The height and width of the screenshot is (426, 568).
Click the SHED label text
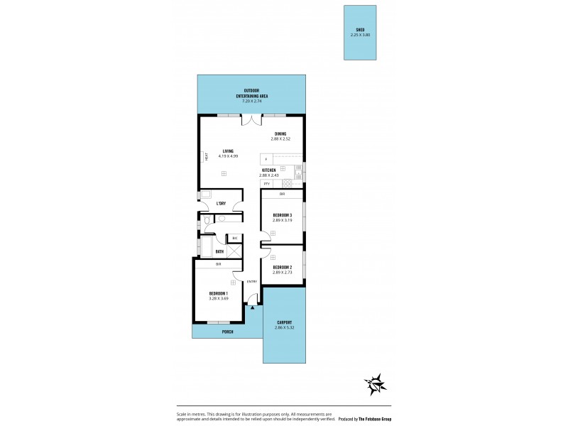(360, 29)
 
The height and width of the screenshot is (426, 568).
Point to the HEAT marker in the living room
(206, 158)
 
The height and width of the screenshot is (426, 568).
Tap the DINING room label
(282, 134)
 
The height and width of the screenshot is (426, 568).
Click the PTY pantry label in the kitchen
(266, 184)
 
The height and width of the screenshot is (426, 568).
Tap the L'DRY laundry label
(221, 204)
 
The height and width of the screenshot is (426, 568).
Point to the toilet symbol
(205, 224)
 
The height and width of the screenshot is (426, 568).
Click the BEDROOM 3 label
(282, 216)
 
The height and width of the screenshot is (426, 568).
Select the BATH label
(219, 251)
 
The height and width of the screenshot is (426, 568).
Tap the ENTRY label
(251, 282)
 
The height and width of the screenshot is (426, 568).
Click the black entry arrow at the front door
(252, 307)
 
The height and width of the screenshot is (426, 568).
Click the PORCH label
(227, 332)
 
